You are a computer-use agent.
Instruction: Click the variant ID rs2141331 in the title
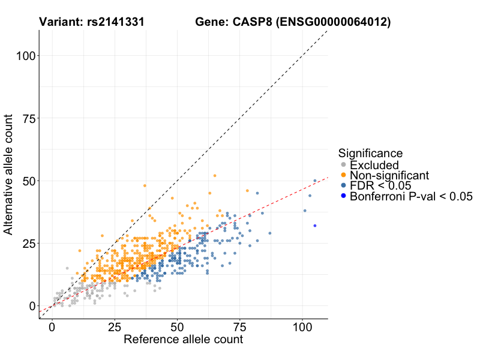(113, 23)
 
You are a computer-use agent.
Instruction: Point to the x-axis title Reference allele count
(183, 340)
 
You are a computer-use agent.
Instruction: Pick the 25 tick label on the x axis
(115, 328)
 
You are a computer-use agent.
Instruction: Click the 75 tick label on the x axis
(239, 328)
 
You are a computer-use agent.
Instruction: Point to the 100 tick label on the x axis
(302, 328)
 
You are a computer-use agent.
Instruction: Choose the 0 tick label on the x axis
(52, 328)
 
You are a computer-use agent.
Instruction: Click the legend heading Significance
(370, 153)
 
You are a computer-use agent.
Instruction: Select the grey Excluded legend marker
(343, 165)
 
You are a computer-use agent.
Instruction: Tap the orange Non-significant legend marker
(343, 175)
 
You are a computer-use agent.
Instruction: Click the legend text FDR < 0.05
(380, 185)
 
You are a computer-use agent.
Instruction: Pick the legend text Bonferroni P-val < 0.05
(412, 196)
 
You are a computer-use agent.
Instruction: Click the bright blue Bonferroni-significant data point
(315, 226)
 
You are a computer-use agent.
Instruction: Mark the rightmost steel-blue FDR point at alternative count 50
(315, 181)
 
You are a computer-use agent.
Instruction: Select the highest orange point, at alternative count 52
(215, 176)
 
